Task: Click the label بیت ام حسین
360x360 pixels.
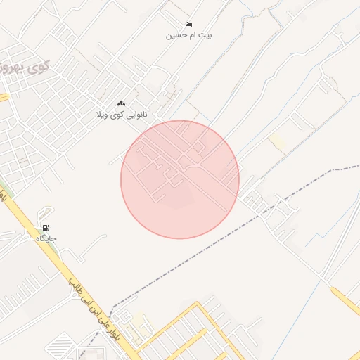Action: point(188,34)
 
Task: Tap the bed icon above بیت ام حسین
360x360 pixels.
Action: point(188,25)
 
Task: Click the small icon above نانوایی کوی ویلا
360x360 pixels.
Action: point(121,103)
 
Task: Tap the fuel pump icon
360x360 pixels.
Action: point(46,228)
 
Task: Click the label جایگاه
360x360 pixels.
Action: point(46,238)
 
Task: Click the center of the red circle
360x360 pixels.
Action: point(180,179)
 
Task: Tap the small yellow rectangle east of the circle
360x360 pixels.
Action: point(278,143)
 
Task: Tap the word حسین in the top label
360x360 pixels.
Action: point(176,34)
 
